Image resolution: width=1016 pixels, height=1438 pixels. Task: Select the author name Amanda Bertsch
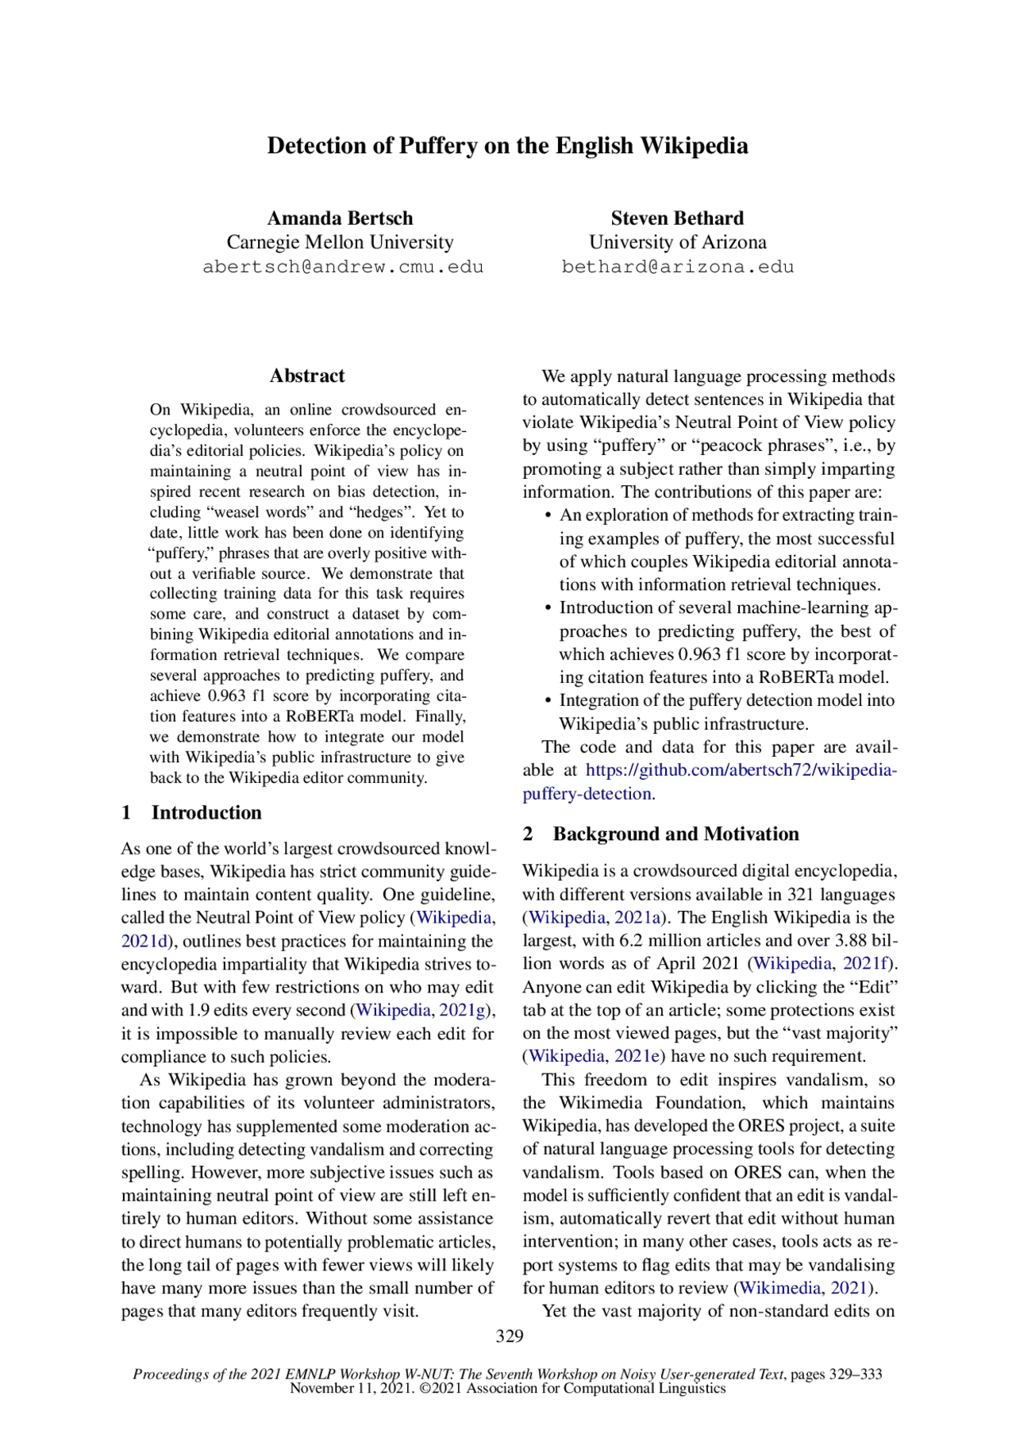click(340, 218)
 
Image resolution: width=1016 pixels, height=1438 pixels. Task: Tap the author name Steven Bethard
click(677, 218)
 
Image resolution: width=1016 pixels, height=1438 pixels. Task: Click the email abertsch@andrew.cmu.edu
click(343, 267)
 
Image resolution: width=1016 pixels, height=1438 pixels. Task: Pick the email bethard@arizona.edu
click(677, 267)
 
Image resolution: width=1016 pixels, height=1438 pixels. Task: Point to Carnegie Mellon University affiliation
click(340, 242)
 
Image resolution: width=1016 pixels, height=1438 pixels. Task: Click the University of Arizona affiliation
click(677, 242)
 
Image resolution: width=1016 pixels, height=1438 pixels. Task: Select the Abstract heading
click(307, 376)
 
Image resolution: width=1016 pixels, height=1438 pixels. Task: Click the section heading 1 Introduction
click(191, 812)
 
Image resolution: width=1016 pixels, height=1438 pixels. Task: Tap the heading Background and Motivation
click(675, 834)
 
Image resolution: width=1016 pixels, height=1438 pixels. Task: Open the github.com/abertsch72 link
click(740, 770)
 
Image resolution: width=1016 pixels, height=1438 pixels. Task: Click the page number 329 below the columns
click(509, 1336)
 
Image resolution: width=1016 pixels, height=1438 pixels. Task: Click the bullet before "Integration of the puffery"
click(548, 701)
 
